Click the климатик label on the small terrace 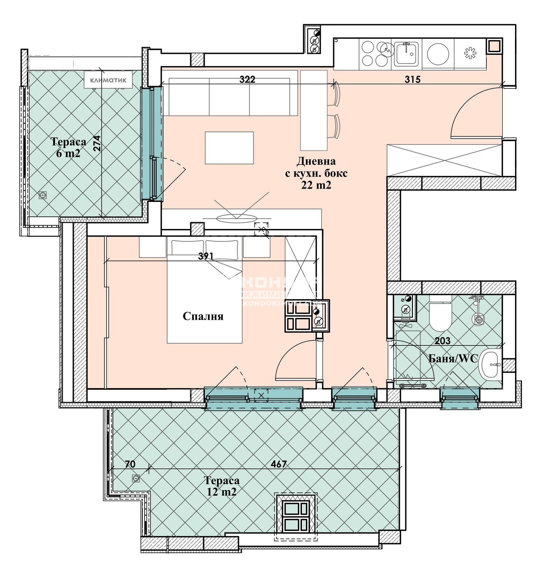(x=108, y=80)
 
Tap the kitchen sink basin (x=406, y=54)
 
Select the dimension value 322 (x=247, y=79)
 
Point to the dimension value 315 (x=413, y=79)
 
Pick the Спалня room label (x=203, y=316)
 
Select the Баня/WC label (x=453, y=359)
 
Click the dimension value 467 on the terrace (x=279, y=464)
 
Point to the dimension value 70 (x=130, y=464)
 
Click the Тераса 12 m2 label (x=221, y=486)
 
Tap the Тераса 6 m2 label (x=68, y=147)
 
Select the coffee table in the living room (x=229, y=148)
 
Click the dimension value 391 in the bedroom (x=205, y=256)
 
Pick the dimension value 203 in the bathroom (x=442, y=341)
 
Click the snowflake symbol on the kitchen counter (x=470, y=53)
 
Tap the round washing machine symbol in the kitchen (x=438, y=54)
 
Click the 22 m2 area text (x=316, y=185)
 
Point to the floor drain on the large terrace (x=136, y=478)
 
